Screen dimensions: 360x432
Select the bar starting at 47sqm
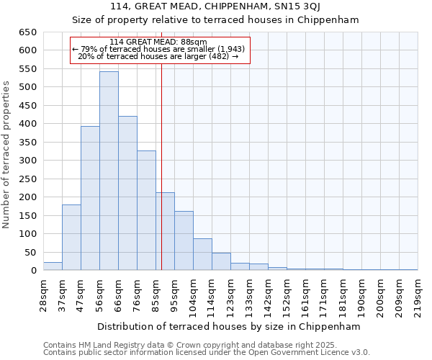(x=90, y=198)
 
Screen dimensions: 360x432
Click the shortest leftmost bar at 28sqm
(x=53, y=266)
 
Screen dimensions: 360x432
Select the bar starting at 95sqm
(x=184, y=240)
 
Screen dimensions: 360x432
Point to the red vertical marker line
(x=161, y=166)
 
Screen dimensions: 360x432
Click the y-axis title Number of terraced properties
(x=7, y=155)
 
